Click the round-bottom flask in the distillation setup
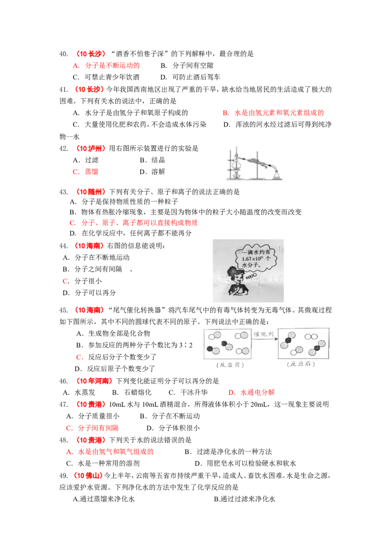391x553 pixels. tap(236, 161)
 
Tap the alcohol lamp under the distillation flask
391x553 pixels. tap(236, 172)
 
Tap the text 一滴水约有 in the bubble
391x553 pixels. tap(250, 252)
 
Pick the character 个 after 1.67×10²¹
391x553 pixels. tap(268, 259)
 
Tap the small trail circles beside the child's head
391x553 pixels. tap(251, 277)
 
